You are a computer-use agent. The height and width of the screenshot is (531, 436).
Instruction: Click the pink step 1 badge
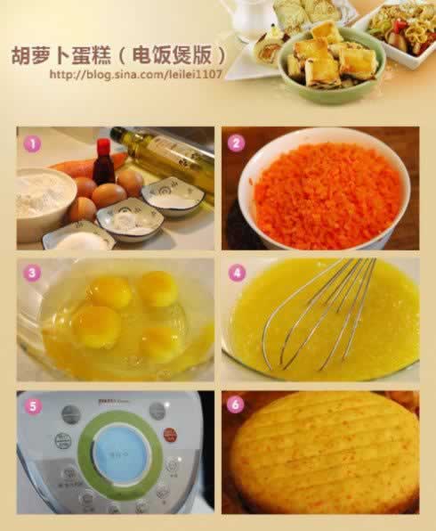click(x=33, y=143)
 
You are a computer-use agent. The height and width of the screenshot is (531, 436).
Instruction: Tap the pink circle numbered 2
click(x=236, y=143)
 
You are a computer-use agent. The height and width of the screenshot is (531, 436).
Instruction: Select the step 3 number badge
click(x=33, y=273)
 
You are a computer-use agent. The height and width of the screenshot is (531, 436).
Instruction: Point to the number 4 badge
click(x=236, y=273)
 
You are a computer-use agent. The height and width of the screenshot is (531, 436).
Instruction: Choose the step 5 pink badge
click(x=33, y=405)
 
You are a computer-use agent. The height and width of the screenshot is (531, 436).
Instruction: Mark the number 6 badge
click(x=236, y=405)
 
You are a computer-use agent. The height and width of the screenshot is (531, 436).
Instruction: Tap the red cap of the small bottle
click(x=102, y=144)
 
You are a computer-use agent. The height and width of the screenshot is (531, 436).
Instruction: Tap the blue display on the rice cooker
click(x=119, y=453)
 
